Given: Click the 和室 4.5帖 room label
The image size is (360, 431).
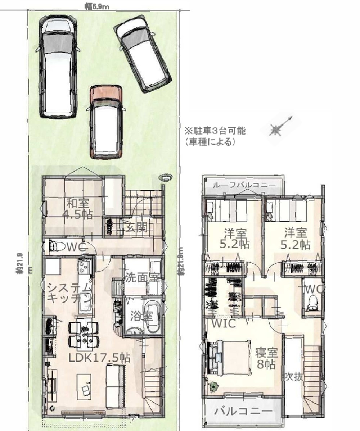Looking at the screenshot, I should [77, 209].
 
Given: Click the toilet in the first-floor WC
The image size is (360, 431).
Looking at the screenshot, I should [54, 246].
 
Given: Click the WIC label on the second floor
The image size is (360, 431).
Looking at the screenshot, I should [223, 323].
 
